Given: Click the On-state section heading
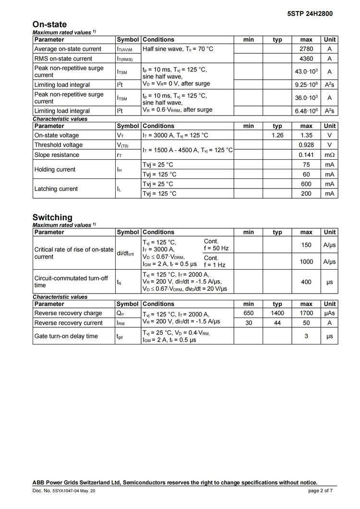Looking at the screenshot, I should point(49,24).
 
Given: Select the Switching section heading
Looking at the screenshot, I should point(52,217).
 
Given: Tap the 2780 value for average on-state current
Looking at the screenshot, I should point(306,49).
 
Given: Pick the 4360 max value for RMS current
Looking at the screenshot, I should point(306,59).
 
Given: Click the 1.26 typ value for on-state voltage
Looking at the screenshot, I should point(277,135).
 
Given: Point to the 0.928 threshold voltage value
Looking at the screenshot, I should point(306,145).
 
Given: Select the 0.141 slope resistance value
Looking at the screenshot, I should point(306,155).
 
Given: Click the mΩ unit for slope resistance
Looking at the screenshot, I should point(329,155).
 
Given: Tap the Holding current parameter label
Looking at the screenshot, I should point(55,169).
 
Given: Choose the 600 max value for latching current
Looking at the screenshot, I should point(306,184).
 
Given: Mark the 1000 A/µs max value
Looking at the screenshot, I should point(306,261).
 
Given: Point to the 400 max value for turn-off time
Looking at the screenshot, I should point(306,282).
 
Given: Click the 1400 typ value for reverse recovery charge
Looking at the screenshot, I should point(277,313).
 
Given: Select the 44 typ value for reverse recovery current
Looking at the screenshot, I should point(277,323).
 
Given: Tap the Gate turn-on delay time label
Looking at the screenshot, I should point(66,336).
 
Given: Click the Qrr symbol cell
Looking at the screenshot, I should point(120,313).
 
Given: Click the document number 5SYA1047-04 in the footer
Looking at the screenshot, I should point(67,491).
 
